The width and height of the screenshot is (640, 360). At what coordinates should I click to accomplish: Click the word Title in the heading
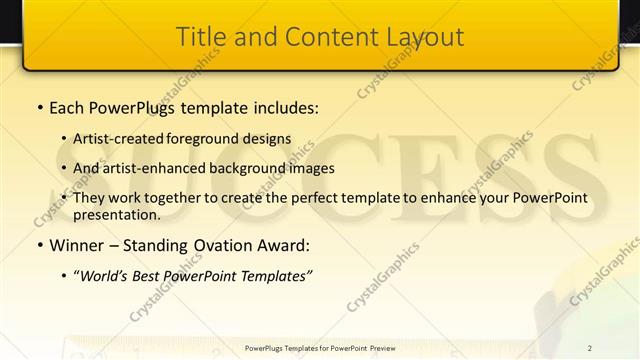tap(199, 37)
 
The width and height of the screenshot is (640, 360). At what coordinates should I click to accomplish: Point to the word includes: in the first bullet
tap(283, 105)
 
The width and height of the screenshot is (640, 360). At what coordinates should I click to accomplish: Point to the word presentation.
tap(116, 214)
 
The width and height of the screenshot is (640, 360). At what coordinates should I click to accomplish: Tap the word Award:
tap(283, 245)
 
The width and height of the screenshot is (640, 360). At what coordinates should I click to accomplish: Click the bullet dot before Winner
tap(39, 245)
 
